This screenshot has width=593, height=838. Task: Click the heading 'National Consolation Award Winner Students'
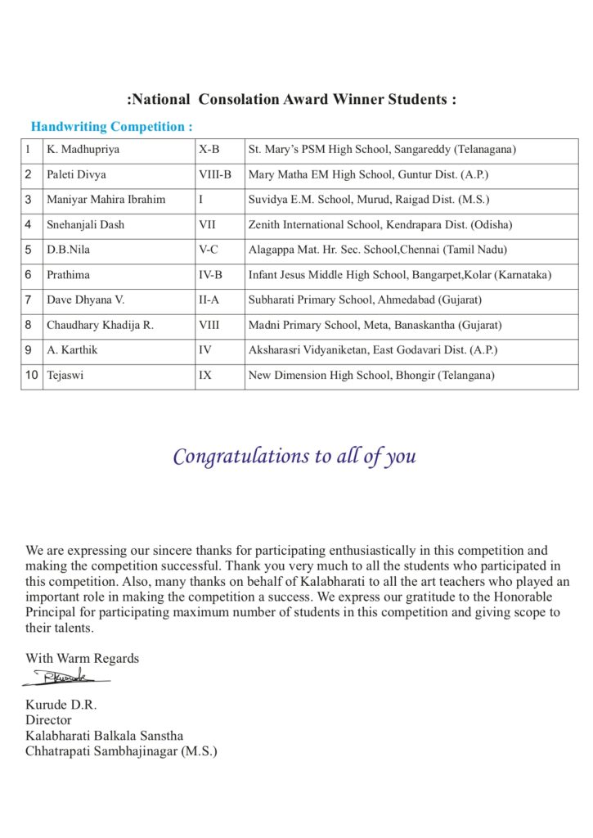292,100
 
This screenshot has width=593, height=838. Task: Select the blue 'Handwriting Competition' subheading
111,127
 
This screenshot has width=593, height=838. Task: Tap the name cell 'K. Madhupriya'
83,150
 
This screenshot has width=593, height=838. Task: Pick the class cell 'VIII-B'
215,175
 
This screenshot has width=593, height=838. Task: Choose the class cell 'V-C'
209,250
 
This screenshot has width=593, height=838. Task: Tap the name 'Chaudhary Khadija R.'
100,326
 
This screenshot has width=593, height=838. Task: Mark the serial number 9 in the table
29,350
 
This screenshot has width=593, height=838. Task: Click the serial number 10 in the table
32,376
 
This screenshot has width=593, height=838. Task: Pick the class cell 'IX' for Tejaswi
205,376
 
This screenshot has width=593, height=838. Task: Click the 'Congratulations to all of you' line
294,457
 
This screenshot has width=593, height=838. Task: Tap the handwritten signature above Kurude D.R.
65,678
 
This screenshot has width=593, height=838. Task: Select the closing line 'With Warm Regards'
82,658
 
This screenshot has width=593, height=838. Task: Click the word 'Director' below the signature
48,720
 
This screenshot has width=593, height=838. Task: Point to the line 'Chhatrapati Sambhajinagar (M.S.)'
121,751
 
